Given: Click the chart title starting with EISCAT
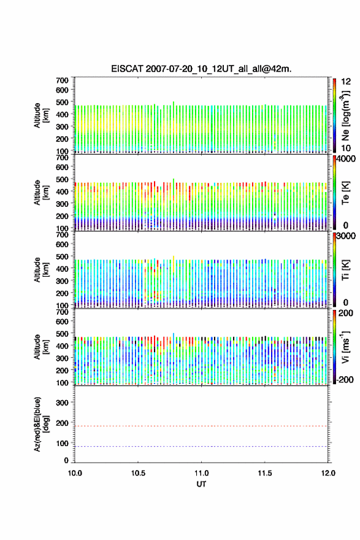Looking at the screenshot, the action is point(201,69).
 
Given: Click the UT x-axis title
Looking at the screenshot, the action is point(201,484).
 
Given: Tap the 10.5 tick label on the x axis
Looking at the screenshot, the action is point(138,473).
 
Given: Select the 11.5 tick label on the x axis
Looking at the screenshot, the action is point(265,473).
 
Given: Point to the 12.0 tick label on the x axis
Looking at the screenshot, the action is point(328,473).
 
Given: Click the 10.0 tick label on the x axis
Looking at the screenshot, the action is point(75,473).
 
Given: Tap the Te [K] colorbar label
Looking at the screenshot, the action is point(345,193).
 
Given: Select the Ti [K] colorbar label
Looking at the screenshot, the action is point(345,269).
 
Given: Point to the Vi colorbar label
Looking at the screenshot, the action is point(345,347).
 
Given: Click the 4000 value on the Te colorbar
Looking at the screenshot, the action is point(346,159).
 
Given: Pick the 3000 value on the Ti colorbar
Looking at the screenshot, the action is point(346,236).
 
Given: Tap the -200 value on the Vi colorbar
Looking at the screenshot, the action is point(345,380).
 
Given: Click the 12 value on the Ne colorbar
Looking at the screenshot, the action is point(346,82).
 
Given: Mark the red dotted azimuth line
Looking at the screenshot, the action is point(201,426).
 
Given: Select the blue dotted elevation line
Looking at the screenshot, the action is point(201,446).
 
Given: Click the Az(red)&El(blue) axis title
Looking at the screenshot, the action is point(40,424).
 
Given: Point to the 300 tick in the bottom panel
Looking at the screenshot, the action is point(62,403).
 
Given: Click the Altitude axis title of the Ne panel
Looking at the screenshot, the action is point(40,115).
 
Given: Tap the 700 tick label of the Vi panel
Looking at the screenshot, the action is point(62,312).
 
